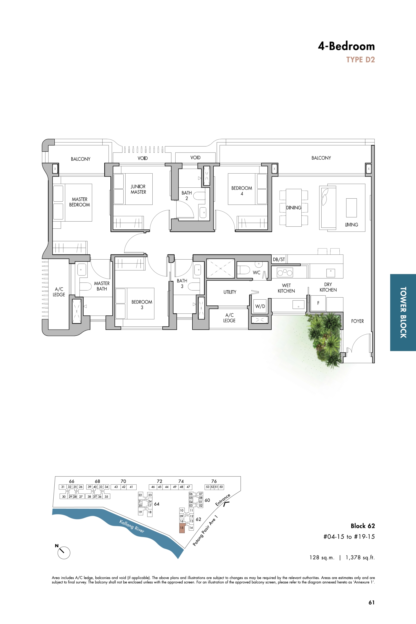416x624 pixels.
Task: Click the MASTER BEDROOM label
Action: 79,202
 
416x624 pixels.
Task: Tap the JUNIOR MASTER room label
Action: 138,189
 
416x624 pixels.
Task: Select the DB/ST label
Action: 279,259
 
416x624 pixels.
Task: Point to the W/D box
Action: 260,306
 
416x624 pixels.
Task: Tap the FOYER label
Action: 357,321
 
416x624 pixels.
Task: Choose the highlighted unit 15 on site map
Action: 182,528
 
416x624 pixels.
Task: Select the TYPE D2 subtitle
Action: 360,60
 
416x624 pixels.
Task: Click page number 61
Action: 371,603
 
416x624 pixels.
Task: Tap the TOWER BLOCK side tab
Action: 403,312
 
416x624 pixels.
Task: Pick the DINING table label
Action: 294,208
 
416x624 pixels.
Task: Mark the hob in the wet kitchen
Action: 285,272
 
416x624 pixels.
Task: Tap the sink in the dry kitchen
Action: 331,273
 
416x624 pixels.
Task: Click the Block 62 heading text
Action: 363,526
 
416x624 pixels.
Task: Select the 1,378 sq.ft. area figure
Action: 360,557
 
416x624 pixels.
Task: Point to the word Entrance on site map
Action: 223,500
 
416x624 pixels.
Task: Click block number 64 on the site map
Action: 157,504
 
